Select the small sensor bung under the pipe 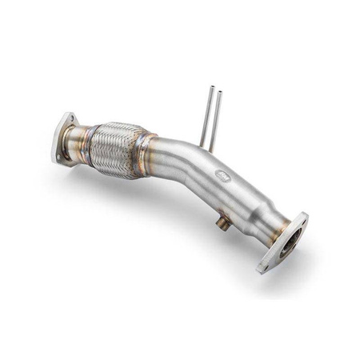click(226, 225)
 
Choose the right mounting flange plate click(284, 242)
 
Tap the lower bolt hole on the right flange click(265, 265)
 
